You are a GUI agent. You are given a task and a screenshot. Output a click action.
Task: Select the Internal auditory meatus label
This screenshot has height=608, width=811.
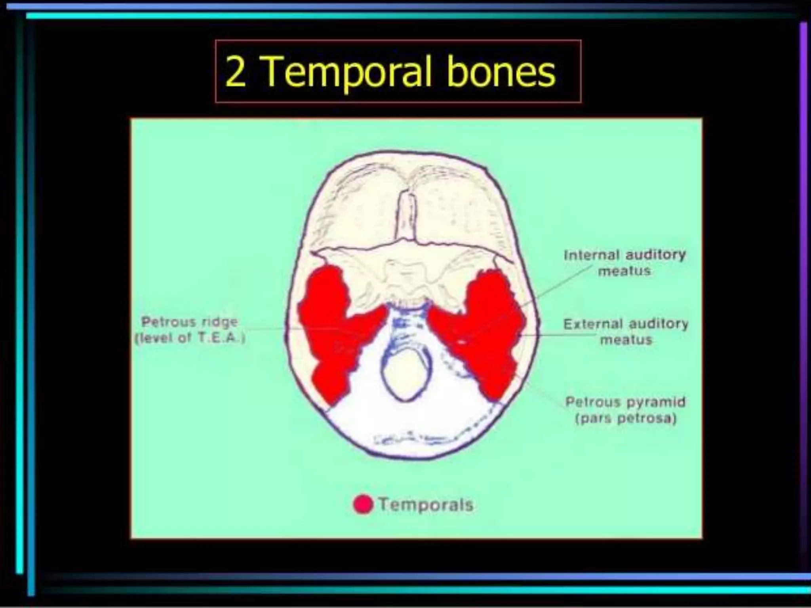(x=624, y=262)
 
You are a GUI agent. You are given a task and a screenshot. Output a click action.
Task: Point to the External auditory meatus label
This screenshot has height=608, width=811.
(x=626, y=332)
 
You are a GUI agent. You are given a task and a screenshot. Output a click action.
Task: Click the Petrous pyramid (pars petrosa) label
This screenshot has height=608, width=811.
(x=625, y=410)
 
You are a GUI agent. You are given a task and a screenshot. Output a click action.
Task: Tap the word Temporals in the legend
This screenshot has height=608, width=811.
(x=426, y=505)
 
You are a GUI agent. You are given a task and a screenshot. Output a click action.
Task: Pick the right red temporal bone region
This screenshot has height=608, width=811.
(x=483, y=332)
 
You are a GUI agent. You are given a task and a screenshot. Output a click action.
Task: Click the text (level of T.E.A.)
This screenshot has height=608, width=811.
(x=190, y=339)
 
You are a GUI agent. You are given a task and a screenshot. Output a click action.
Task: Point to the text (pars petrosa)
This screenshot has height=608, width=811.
(x=625, y=418)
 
